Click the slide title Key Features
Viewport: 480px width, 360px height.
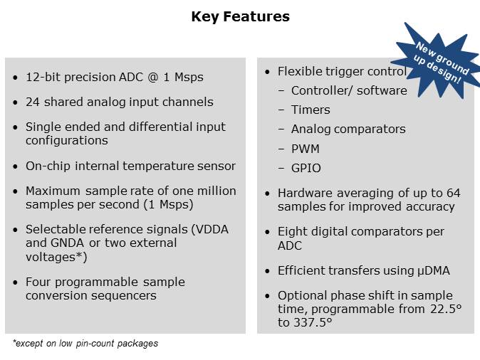(240, 16)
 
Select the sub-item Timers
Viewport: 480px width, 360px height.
(311, 110)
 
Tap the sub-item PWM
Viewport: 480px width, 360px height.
(305, 149)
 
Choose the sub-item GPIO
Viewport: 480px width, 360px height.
(306, 169)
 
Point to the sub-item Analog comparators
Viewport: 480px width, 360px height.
(348, 129)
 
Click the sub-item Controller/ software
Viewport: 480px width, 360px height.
(348, 90)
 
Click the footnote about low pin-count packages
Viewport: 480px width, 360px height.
(85, 344)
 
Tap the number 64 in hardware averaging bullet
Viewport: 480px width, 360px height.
(453, 193)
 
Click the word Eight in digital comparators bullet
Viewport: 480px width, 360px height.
(293, 232)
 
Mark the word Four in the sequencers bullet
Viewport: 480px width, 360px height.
(39, 282)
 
